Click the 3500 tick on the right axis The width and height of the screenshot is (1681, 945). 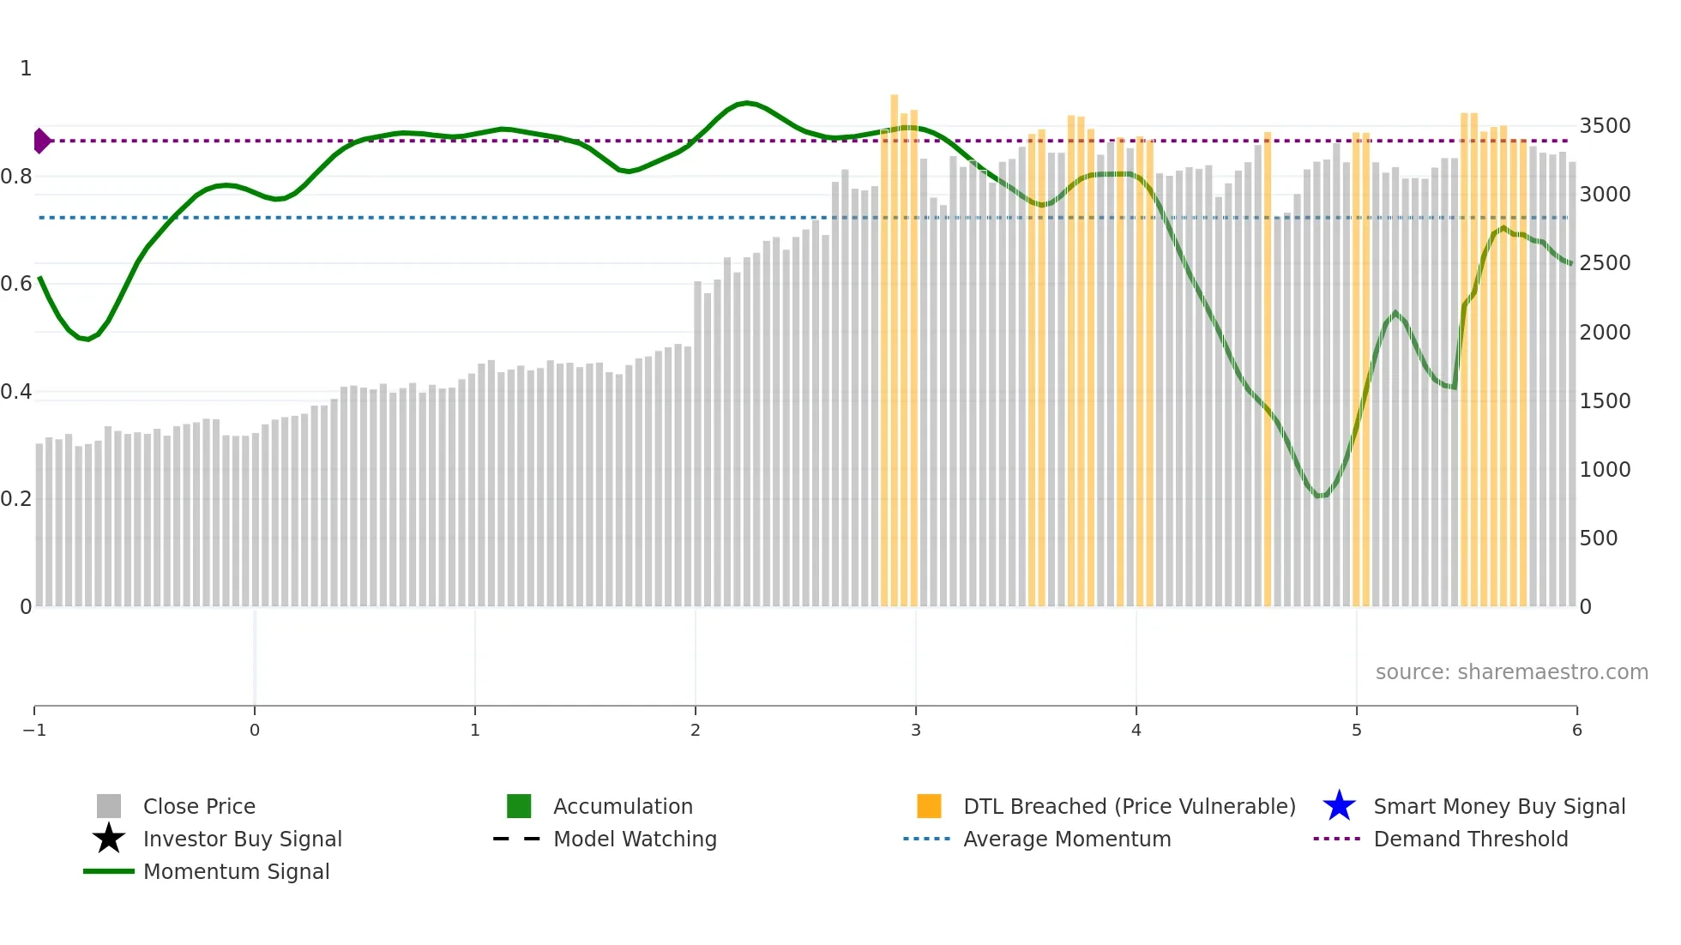pos(1605,126)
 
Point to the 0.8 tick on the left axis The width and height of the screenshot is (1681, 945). pos(16,177)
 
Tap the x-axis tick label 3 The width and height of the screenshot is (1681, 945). pos(915,730)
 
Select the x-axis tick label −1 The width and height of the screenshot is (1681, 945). pos(34,730)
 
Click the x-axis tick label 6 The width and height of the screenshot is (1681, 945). pos(1576,730)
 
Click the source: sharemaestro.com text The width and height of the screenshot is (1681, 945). pos(1511,671)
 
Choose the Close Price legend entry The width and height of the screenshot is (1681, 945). pos(199,806)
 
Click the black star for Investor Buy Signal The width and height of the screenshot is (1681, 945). pos(109,839)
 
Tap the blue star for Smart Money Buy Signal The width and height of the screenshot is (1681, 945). pos(1339,806)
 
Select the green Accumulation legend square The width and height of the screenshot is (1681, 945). pos(519,806)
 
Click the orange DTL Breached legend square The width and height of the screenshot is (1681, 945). pos(929,806)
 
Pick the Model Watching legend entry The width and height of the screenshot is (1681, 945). pos(635,839)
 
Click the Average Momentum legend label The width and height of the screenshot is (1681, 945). pos(1067,839)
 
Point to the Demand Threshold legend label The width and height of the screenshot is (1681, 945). pos(1470,839)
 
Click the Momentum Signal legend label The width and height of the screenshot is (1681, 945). pos(236,871)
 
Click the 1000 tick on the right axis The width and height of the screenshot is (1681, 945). pos(1605,469)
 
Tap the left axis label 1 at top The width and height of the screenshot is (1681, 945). pos(26,69)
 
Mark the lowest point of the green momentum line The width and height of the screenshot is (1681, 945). pos(1321,496)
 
